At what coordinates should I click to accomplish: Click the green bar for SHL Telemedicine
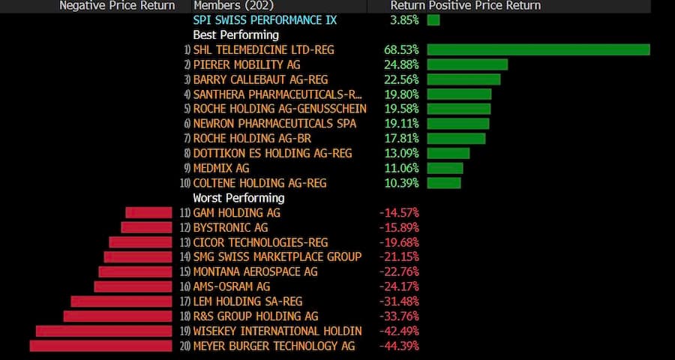538,49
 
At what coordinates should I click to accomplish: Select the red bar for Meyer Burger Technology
101,346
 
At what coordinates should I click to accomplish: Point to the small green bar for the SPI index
433,20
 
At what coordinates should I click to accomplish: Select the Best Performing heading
235,34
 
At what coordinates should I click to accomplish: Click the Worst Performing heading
238,198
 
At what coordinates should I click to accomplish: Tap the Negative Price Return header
117,6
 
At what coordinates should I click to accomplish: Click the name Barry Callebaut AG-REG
260,79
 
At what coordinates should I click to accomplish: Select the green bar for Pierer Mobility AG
467,64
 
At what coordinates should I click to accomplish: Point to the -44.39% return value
399,346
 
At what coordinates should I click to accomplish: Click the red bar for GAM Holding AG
149,212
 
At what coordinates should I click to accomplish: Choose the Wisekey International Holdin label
277,331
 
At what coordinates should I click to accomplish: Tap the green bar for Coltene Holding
444,183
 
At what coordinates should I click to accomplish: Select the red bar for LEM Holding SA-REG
121,301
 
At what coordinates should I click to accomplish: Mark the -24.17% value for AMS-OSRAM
399,286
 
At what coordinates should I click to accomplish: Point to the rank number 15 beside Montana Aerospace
185,272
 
